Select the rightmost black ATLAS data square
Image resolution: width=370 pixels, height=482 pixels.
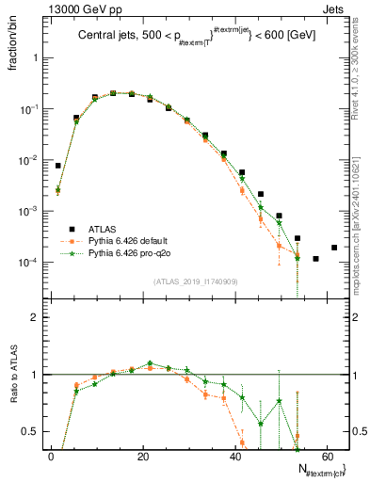pyautogui.click(x=334, y=248)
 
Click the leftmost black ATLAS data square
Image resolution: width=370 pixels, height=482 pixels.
pyautogui.click(x=58, y=166)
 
